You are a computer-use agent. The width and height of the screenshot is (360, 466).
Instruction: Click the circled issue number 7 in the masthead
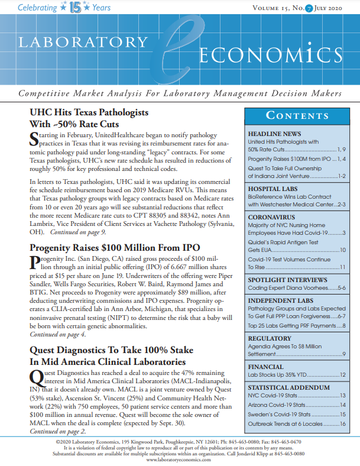click(301, 8)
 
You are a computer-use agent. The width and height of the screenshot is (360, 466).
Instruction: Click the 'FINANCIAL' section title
click(267, 366)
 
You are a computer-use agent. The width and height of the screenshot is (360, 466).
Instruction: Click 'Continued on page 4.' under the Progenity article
click(58, 334)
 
